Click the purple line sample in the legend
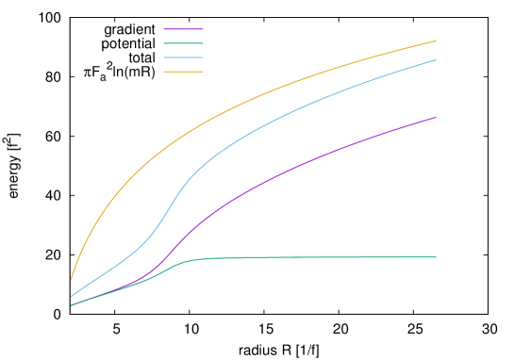tap(183, 29)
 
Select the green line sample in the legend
tap(183, 43)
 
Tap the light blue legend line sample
tap(183, 57)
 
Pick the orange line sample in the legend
tap(183, 72)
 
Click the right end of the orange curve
tap(436, 41)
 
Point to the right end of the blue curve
tap(436, 60)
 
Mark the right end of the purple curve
tap(436, 118)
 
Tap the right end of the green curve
tap(436, 256)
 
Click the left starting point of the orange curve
tap(71, 280)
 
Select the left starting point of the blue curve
tap(71, 297)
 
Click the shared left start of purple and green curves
tap(71, 305)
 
